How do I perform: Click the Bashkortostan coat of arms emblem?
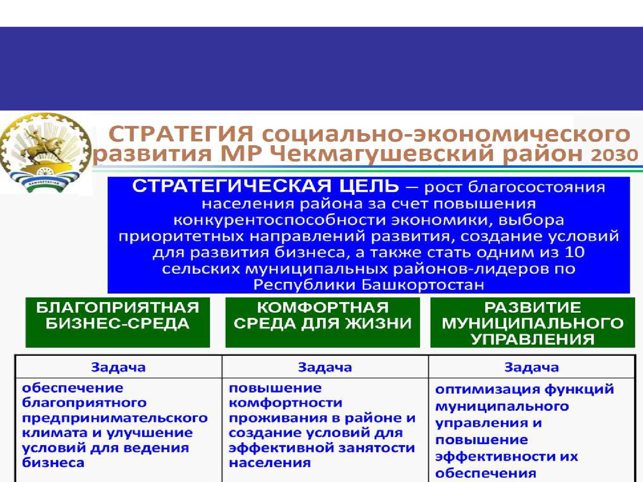click(45, 153)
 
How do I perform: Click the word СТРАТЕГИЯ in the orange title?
click(181, 135)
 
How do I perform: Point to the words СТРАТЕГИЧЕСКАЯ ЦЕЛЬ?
click(265, 186)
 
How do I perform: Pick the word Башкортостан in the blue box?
click(423, 285)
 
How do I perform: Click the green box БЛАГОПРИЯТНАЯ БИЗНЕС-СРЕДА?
click(118, 322)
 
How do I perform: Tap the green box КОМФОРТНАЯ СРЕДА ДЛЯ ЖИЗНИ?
click(322, 322)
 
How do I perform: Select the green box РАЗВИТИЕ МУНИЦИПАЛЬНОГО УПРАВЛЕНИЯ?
click(532, 322)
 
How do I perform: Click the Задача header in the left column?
click(118, 367)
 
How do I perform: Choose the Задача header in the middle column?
click(325, 367)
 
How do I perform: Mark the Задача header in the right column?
click(532, 367)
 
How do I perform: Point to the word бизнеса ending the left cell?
click(53, 463)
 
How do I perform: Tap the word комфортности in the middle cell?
click(285, 404)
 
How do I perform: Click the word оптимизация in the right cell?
click(488, 389)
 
